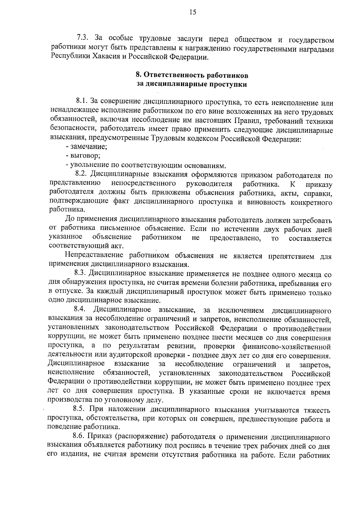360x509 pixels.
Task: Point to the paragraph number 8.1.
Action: pos(81,103)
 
